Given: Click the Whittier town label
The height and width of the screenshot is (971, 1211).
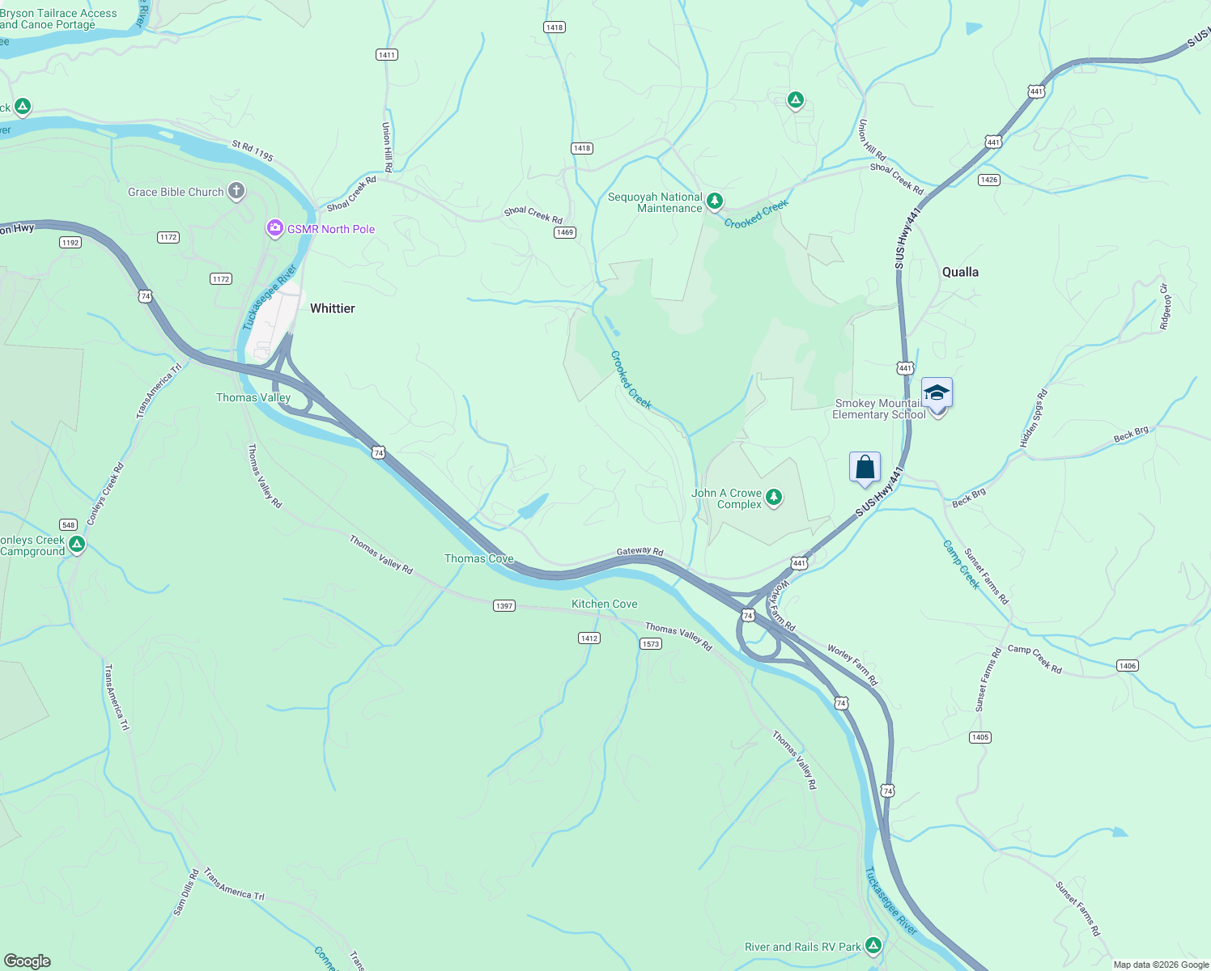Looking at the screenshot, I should coord(333,308).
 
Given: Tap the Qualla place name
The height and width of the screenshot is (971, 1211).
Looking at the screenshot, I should coord(960,272).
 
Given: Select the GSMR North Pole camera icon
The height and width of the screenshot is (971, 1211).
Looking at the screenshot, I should coord(275,229).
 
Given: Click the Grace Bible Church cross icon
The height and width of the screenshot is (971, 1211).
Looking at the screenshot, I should coord(236,192).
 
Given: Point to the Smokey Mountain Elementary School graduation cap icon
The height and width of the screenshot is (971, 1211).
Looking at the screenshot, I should coord(937,393).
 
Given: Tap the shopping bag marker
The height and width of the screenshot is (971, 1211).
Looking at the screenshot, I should coord(865,468).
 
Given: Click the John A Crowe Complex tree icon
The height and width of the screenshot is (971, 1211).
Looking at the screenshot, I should coord(774,497).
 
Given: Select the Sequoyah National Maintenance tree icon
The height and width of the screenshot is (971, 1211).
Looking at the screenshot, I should coord(714,201).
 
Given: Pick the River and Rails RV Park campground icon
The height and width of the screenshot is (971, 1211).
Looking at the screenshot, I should coord(873,945).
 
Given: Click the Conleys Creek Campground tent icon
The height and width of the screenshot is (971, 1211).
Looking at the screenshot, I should coord(77,544).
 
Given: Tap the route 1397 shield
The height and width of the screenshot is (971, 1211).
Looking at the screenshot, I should coord(504,605).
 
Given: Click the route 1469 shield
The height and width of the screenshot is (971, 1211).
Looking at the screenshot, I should coord(564,232).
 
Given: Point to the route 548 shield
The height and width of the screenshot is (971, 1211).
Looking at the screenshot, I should coord(68,524).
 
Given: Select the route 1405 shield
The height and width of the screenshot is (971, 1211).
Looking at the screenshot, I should coord(979,737).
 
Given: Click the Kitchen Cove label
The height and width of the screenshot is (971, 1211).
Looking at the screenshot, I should coord(605,604).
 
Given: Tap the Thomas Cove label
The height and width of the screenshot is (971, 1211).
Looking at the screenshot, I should coord(479,558).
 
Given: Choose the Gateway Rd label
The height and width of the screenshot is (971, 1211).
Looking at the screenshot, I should coord(639,551).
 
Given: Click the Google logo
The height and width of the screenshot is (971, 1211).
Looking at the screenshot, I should coord(28,961).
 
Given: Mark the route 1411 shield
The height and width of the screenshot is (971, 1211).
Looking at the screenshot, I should coord(387,55).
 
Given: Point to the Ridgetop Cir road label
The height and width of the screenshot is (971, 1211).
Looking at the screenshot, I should coord(1165,307).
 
